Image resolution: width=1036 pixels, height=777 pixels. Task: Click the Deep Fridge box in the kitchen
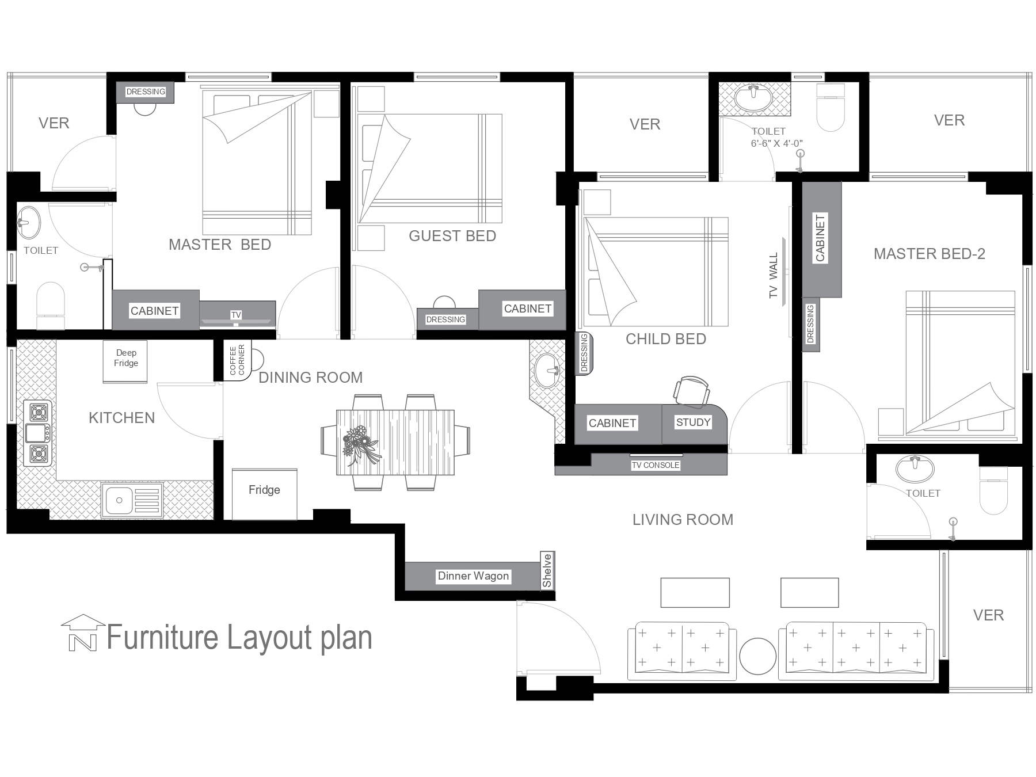[125, 361]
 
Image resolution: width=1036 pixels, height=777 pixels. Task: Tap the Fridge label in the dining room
[264, 490]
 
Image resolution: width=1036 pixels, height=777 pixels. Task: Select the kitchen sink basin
[120, 500]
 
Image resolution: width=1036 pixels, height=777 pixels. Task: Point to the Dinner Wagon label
[473, 576]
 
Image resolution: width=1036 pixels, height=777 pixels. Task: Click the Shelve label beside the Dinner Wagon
[547, 570]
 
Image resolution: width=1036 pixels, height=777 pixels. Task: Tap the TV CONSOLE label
[656, 465]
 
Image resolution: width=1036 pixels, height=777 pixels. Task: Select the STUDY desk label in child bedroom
[693, 422]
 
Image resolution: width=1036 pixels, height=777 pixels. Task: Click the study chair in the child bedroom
[692, 390]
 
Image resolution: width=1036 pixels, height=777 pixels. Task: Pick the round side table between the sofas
[758, 657]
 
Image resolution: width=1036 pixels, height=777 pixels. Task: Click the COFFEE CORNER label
[237, 360]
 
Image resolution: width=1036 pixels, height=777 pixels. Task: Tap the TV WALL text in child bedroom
[773, 276]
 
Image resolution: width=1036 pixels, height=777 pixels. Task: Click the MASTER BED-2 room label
[929, 254]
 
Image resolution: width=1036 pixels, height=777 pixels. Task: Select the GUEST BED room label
[452, 236]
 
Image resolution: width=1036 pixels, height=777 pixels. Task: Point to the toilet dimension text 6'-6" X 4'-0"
[776, 143]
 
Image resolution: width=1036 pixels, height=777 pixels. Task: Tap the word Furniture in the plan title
[163, 638]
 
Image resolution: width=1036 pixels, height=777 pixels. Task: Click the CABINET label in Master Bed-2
[821, 238]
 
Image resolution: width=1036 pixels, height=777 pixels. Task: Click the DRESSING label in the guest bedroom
[445, 319]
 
